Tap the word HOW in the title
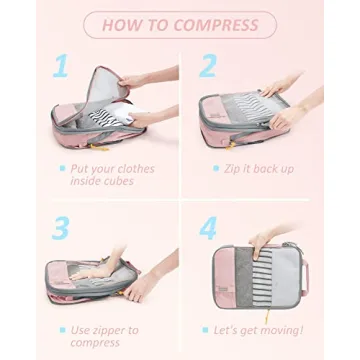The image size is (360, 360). tap(122, 24)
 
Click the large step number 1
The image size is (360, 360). tap(62, 67)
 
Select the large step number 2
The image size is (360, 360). tap(208, 67)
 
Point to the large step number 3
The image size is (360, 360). tap(61, 227)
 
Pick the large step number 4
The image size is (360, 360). tap(208, 227)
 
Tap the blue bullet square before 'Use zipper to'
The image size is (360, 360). tap(61, 329)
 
